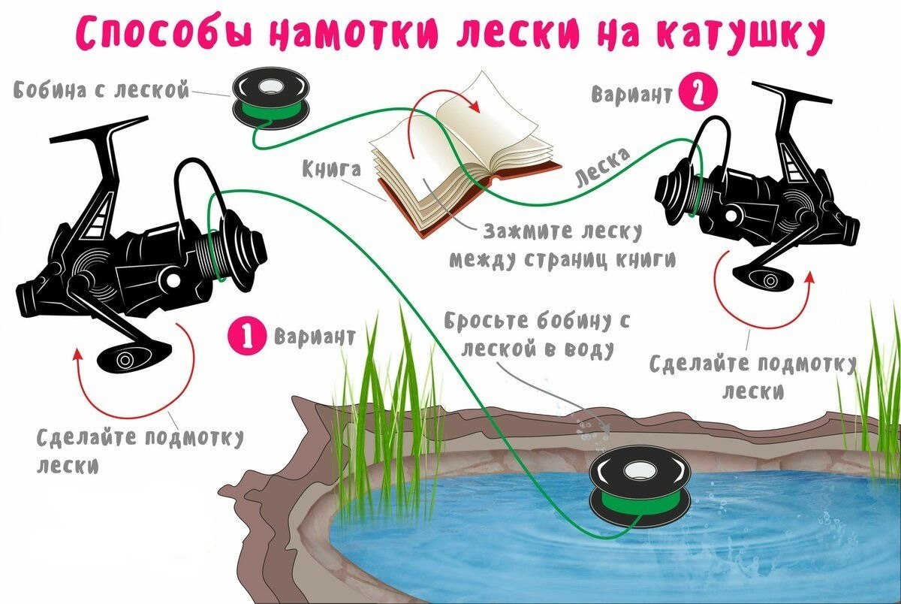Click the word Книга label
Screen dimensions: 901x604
(332, 170)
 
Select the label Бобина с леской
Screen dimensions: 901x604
(101, 90)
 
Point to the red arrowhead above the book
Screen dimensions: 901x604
(475, 107)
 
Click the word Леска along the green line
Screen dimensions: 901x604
(603, 168)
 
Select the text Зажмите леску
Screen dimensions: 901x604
(562, 232)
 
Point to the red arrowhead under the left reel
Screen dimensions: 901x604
(78, 354)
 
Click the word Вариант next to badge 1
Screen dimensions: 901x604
(315, 336)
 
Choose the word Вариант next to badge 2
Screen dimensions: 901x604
(631, 94)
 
